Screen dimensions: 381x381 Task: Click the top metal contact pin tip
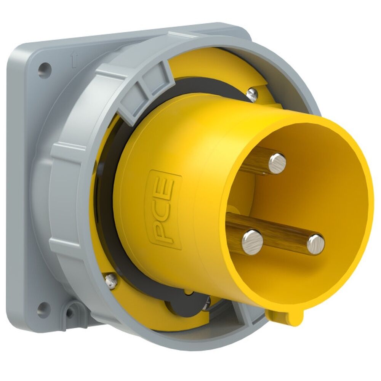pyautogui.click(x=277, y=163)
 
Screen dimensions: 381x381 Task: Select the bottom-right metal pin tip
pyautogui.click(x=316, y=244)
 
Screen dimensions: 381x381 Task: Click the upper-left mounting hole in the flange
pyautogui.click(x=45, y=70)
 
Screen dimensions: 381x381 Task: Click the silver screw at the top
pyautogui.click(x=252, y=94)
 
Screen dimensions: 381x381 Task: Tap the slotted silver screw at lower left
pyautogui.click(x=111, y=281)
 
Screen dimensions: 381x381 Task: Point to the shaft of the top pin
pyautogui.click(x=255, y=160)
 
